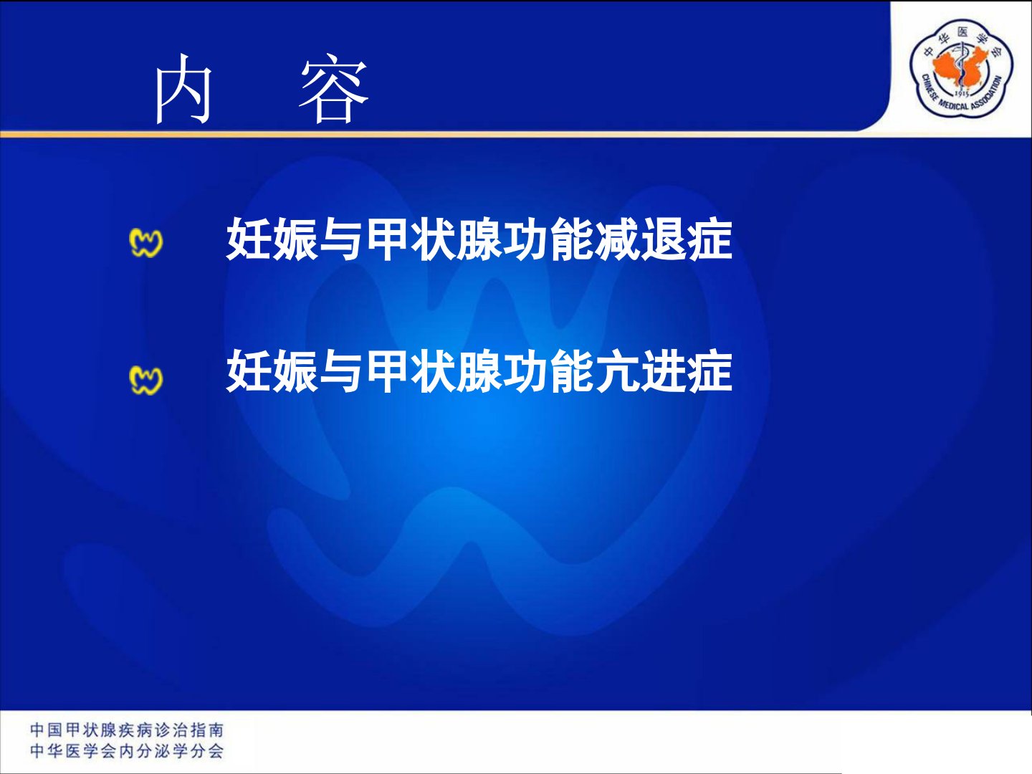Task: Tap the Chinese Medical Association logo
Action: [x=962, y=67]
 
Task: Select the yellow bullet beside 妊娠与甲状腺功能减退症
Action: [x=145, y=243]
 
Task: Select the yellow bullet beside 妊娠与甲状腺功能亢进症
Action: [x=145, y=380]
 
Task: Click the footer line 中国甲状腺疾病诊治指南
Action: [x=127, y=730]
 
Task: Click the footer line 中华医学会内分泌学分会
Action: [x=127, y=751]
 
